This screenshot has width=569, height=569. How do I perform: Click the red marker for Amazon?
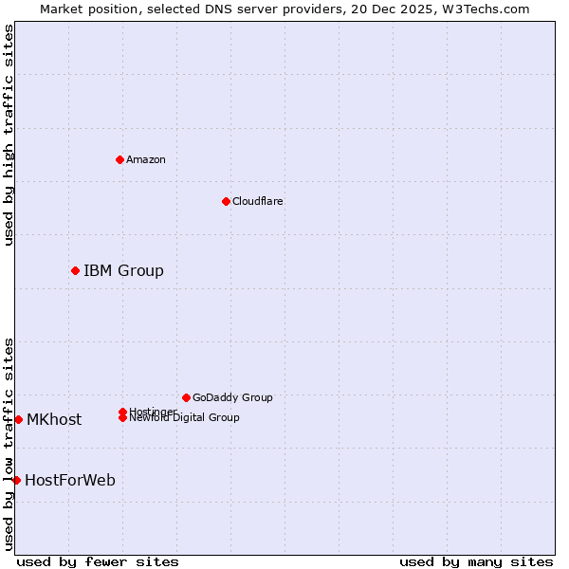(x=119, y=159)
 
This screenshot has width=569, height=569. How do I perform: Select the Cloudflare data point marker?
(x=226, y=201)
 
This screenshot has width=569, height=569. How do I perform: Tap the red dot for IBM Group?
(x=75, y=270)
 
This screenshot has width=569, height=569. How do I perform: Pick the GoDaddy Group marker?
(x=186, y=397)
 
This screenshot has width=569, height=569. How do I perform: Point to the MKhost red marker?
(x=18, y=419)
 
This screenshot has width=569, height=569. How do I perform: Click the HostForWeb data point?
(x=16, y=480)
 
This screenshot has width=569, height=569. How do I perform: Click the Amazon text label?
(x=146, y=159)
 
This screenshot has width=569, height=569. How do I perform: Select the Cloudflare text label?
(x=258, y=201)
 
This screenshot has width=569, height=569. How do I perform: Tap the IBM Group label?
(x=123, y=270)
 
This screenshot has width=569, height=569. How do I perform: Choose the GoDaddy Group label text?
(x=232, y=397)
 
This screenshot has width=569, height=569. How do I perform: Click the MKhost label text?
(x=54, y=419)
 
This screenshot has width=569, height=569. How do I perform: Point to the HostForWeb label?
(x=70, y=480)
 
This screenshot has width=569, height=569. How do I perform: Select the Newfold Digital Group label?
(x=184, y=417)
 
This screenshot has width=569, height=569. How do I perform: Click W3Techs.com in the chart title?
(x=483, y=9)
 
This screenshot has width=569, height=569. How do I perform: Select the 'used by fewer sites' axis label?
(x=98, y=561)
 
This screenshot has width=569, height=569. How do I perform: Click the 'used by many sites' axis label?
(x=476, y=561)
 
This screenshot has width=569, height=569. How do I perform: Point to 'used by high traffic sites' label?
(x=9, y=135)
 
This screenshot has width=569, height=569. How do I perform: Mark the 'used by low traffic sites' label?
(x=9, y=443)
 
